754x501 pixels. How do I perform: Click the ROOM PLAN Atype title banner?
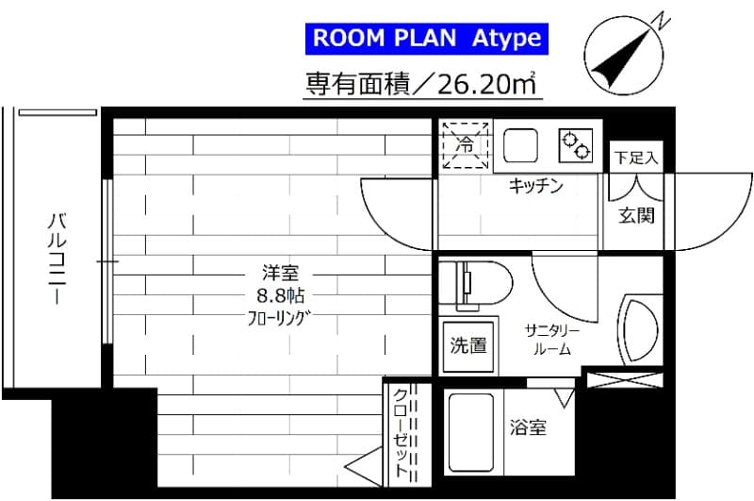click(x=427, y=39)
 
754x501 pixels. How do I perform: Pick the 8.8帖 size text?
click(x=280, y=293)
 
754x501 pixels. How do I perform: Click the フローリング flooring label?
click(x=280, y=315)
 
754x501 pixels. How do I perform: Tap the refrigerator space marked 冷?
click(x=466, y=145)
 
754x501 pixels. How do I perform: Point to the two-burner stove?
click(x=576, y=145)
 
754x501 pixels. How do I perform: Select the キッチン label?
click(x=535, y=186)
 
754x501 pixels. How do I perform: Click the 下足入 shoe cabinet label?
click(x=636, y=157)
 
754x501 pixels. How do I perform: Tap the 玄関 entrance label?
click(x=636, y=215)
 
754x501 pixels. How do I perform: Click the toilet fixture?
click(x=481, y=281)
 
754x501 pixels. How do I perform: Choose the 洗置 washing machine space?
click(x=467, y=345)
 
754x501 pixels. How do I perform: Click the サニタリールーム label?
click(x=552, y=339)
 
